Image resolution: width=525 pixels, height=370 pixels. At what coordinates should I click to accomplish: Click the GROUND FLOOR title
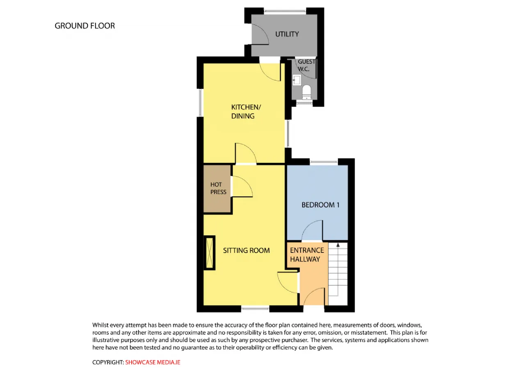coord(85,26)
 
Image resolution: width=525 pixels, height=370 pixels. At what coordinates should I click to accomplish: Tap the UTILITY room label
coord(287,34)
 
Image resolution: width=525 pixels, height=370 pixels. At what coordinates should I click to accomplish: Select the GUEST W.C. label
coord(306,65)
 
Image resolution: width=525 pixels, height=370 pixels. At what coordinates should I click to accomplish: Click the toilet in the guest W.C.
coord(306,92)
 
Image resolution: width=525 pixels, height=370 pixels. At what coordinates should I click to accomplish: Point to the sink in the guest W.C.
coord(297,80)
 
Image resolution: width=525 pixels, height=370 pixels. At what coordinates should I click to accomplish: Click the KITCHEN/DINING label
coord(246,112)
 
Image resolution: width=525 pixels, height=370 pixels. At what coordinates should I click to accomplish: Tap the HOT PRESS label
coord(218,188)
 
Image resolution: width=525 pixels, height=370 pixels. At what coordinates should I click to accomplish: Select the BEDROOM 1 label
coord(320,205)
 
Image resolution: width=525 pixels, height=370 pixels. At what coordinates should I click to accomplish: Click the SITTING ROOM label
coord(247,250)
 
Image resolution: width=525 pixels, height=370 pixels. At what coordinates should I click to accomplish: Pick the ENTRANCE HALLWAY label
coord(307,255)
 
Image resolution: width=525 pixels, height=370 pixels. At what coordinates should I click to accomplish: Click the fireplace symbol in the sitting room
coord(209,253)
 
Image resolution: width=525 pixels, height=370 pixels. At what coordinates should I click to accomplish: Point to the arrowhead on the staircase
coord(338,245)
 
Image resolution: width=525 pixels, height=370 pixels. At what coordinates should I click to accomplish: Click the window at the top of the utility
coord(285,11)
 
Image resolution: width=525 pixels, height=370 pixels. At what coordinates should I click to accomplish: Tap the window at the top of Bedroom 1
coord(324,162)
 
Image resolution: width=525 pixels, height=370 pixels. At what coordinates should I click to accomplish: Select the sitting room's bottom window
coord(255,309)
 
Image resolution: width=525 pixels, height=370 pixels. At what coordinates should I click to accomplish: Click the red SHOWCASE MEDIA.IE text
coord(153,362)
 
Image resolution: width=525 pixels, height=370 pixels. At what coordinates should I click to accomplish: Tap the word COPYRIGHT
coord(108,362)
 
